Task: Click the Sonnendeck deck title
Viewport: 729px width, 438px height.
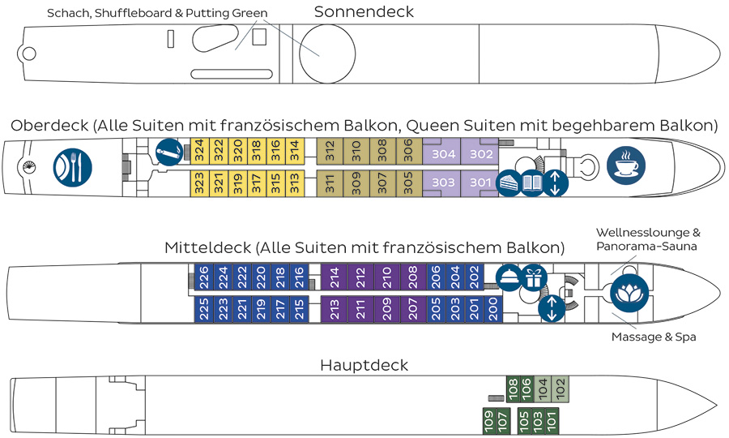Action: (364, 11)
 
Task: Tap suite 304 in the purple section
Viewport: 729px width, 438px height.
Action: (442, 154)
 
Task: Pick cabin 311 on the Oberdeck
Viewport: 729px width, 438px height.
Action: (330, 182)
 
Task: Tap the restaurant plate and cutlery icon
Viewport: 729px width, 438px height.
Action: (72, 167)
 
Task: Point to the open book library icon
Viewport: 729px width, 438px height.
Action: (531, 183)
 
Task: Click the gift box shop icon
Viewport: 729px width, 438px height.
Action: (533, 278)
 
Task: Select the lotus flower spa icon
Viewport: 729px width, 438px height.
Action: (629, 292)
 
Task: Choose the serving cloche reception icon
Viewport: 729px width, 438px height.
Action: (509, 278)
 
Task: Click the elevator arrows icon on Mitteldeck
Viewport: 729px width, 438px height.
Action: (552, 309)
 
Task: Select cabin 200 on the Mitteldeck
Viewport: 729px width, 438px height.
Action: (493, 309)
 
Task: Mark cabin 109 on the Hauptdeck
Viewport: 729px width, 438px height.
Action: (488, 420)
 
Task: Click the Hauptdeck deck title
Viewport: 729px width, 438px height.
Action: (364, 365)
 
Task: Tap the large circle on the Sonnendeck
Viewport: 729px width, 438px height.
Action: (327, 54)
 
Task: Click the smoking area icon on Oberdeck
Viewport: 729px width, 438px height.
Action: (168, 150)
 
